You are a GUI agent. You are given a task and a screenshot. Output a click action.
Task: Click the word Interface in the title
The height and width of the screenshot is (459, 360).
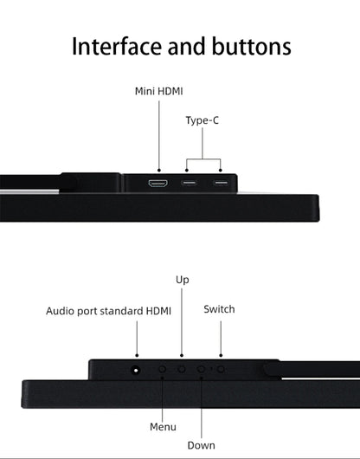(116, 46)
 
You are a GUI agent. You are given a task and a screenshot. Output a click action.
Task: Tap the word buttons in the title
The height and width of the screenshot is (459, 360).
(251, 46)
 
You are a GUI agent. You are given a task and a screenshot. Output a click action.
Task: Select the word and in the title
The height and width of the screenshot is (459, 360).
(186, 46)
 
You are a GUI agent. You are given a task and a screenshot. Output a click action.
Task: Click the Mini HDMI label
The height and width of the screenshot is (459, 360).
(158, 91)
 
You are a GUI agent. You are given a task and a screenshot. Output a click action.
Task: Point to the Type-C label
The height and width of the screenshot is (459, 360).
(202, 120)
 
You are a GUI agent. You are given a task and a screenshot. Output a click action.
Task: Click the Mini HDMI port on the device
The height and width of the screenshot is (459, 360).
(158, 184)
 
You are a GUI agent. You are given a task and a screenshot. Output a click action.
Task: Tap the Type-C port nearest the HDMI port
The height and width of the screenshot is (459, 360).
(189, 183)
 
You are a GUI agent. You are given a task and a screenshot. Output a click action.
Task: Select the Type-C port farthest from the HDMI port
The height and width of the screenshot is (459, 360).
(221, 183)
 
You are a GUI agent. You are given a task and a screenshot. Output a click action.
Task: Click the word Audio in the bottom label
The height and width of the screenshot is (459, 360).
(60, 311)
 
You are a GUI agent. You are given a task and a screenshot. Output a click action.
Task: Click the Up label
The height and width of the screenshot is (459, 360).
(183, 280)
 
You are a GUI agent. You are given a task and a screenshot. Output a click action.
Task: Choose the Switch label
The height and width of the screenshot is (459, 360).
(219, 309)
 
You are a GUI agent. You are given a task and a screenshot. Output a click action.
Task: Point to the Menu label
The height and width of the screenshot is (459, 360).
(163, 427)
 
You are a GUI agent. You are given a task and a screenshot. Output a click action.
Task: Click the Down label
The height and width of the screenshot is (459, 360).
(202, 445)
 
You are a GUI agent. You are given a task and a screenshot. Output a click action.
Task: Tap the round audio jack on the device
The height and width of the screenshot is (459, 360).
(135, 370)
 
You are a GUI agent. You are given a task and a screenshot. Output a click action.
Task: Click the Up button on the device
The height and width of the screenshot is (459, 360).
(182, 370)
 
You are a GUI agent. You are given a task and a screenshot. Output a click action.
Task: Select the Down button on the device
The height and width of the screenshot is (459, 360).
(201, 370)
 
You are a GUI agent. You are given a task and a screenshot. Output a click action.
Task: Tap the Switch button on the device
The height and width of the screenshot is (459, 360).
(221, 370)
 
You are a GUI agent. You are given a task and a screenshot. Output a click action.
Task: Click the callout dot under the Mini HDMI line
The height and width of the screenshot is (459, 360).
(159, 170)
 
